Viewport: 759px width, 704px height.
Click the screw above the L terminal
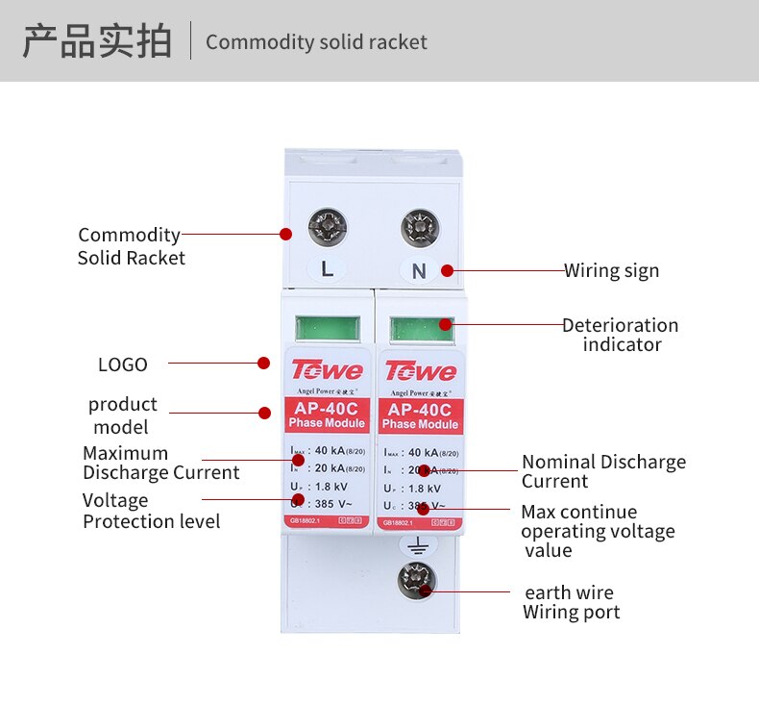327,229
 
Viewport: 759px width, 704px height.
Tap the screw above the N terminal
419,229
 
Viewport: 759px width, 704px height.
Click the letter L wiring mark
327,270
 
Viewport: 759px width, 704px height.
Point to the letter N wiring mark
419,271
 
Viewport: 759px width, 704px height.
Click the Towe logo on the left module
327,370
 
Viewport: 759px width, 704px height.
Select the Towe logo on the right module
420,370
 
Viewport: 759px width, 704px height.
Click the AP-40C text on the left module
327,408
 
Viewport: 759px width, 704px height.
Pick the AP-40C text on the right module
420,409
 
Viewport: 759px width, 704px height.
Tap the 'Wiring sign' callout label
611,270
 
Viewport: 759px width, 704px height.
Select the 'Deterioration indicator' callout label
621,335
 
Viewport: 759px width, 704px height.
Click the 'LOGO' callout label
123,365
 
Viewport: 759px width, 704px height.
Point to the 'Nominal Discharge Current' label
603,471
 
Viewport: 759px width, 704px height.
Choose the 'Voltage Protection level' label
151,511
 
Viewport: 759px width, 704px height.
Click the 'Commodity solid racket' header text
316,42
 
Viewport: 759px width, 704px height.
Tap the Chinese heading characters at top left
97,42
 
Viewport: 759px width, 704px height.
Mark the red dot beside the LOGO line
263,363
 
